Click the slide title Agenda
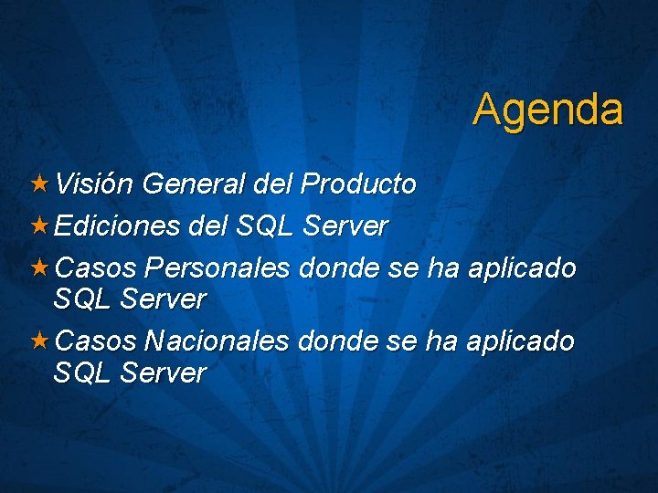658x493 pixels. tap(547, 110)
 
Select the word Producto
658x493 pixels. tap(358, 184)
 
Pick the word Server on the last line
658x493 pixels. tap(164, 372)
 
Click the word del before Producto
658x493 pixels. tap(271, 184)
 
